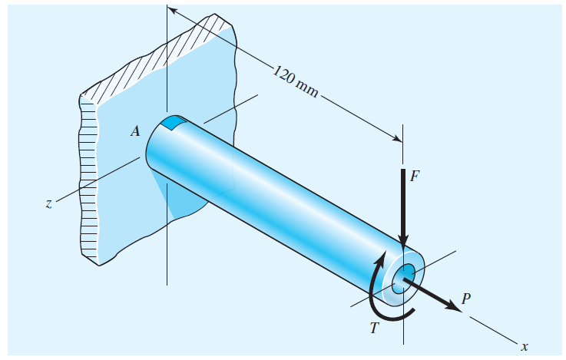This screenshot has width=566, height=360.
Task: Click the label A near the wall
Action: (135, 131)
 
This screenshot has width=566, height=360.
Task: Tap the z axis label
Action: (48, 204)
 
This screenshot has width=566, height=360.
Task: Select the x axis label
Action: (524, 347)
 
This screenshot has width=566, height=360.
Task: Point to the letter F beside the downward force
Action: (415, 176)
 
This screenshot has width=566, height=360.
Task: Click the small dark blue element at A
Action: (174, 122)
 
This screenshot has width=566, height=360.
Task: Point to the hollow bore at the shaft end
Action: (404, 276)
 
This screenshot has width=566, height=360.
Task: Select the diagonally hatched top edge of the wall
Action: (161, 53)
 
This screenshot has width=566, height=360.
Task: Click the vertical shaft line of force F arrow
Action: (403, 200)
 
